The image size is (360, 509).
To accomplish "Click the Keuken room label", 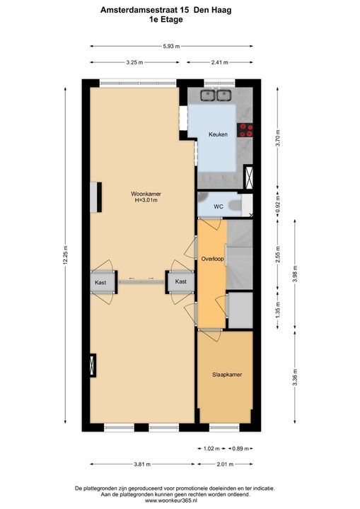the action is click(x=218, y=134).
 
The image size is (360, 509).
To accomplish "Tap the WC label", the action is click(x=219, y=206).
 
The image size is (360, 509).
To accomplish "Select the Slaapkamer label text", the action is click(x=227, y=375).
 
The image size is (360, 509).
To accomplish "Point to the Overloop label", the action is click(x=212, y=259).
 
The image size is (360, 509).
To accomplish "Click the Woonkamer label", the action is click(x=146, y=194).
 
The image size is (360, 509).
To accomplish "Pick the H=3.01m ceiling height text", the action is click(x=146, y=200).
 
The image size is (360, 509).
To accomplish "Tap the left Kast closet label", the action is click(x=100, y=282).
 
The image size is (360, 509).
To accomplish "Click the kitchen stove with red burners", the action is click(x=245, y=130).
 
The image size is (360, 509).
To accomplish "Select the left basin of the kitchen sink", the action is click(x=207, y=95).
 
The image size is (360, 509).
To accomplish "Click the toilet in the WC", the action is click(x=235, y=205).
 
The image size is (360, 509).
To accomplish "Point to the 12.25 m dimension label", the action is click(x=65, y=255).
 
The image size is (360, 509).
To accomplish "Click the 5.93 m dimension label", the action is click(x=171, y=46).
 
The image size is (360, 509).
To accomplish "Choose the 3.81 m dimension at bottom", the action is click(x=142, y=464).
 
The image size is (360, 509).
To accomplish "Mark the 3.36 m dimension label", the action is click(x=295, y=378).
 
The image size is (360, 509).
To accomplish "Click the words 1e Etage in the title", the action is click(x=166, y=20).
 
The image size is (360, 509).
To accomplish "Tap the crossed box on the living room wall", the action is click(x=93, y=365).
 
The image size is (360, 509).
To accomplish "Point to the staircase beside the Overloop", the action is click(x=240, y=255).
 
